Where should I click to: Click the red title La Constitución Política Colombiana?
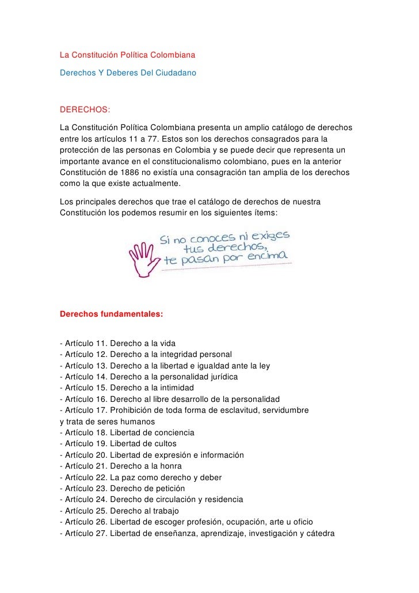[x=128, y=56]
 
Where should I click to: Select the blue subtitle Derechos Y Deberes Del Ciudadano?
[x=128, y=74]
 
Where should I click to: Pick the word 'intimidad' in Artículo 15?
[x=176, y=388]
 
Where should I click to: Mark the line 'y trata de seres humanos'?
[x=98, y=421]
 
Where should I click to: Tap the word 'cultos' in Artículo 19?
[x=163, y=443]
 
